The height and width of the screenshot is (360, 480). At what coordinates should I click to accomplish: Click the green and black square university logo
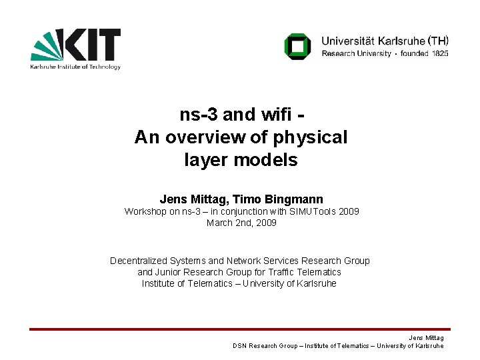pos(297,46)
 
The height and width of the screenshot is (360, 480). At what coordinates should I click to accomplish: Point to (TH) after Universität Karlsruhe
pos(437,40)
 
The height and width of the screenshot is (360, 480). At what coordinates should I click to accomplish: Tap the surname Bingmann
pos(293,199)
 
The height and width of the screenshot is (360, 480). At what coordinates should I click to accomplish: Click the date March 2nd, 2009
pos(241,223)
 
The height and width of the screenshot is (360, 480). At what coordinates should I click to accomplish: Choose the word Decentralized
pos(140,261)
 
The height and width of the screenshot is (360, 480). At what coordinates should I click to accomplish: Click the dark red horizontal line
pos(240,329)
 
